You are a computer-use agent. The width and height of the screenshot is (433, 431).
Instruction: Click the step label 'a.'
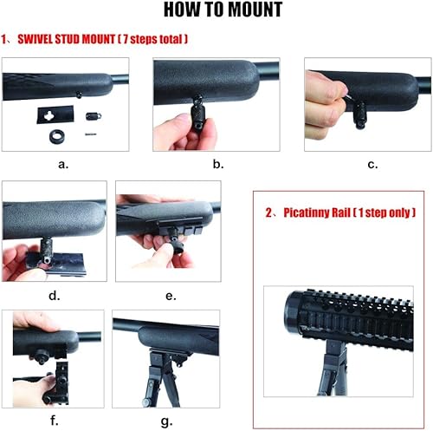[63, 163]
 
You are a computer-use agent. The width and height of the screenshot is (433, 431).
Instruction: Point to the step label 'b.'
[217, 163]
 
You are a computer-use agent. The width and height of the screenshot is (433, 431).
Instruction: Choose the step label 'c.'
[372, 163]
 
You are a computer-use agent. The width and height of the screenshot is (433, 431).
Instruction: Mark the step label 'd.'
[54, 296]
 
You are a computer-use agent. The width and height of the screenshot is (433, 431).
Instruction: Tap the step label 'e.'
[171, 296]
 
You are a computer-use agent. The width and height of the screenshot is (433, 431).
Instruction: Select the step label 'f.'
[54, 422]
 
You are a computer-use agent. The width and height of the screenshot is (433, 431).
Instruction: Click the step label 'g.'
[165, 422]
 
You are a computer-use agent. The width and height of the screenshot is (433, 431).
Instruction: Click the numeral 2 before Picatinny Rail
[267, 212]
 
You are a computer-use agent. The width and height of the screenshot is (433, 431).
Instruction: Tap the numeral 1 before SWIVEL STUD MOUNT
[4, 41]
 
